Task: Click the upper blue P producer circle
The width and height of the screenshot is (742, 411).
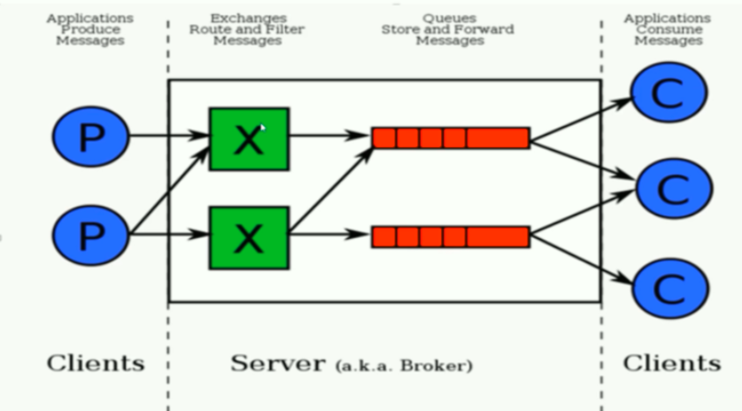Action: pos(90,136)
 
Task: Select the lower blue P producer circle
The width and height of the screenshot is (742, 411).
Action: pos(90,235)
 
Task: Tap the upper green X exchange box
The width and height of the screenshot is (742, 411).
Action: pos(250,139)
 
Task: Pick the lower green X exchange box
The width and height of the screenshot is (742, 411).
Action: pos(250,237)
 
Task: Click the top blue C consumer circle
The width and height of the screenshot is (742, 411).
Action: pos(669,92)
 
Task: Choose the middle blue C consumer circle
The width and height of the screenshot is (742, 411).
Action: pos(675,189)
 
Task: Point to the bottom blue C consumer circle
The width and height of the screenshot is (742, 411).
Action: pos(670,289)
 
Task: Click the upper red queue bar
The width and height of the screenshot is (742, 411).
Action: pos(451,138)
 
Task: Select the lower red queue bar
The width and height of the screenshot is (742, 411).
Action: pos(451,237)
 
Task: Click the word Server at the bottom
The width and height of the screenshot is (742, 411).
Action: pos(278,363)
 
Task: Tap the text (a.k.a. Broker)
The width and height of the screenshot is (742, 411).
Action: pos(404,366)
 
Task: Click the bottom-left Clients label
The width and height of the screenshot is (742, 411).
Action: pos(96,363)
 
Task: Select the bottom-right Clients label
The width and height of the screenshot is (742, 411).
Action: pos(672,363)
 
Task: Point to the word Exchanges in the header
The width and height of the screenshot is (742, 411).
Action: pos(249,19)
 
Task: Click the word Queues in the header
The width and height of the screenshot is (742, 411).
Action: pos(449,19)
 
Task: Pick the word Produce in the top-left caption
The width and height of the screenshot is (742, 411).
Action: pos(90,29)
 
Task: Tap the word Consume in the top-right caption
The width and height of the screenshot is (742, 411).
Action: pos(669,29)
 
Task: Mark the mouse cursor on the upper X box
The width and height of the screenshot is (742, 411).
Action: pos(263,128)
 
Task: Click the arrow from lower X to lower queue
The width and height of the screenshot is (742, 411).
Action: pos(328,234)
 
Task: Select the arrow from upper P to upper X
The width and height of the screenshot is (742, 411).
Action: pos(169,136)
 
